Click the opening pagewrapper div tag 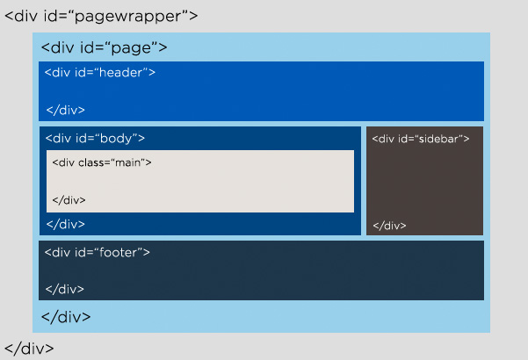pyautogui.click(x=101, y=16)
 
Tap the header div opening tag pyautogui.click(x=100, y=72)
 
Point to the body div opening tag pyautogui.click(x=95, y=138)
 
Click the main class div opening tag pyautogui.click(x=101, y=162)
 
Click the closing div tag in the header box pyautogui.click(x=65, y=110)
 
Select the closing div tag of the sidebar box pyautogui.click(x=389, y=226)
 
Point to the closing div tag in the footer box pyautogui.click(x=65, y=287)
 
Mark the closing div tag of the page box pyautogui.click(x=66, y=316)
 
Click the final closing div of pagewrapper pyautogui.click(x=29, y=348)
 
